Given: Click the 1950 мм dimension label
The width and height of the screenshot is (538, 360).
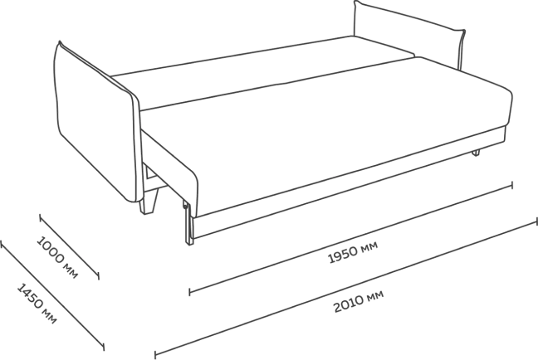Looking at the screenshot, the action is point(354,252).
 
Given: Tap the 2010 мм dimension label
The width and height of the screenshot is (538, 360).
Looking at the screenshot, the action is point(359,301).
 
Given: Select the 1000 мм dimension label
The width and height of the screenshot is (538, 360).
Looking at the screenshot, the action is point(57,257).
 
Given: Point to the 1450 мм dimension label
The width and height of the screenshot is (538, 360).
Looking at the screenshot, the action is point(37,304).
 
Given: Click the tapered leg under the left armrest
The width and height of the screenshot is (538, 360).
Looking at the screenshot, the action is point(149,202).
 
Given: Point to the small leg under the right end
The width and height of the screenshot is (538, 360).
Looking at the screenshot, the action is point(476,153).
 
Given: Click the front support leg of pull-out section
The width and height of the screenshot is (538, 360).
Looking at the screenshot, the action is point(188,223).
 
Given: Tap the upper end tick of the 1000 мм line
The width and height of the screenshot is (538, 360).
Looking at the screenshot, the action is point(40,218).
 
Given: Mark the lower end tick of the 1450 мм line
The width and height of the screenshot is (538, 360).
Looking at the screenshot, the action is point(103,346).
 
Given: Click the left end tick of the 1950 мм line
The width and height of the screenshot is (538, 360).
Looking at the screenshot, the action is point(190,292).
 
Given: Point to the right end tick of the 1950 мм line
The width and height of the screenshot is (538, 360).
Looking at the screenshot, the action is point(512,185).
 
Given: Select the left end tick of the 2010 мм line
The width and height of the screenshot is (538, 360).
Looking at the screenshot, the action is point(155,355).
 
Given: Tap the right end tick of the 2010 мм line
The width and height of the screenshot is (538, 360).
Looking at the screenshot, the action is point(536,221).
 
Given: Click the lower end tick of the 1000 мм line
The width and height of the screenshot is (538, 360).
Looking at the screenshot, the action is point(99,275).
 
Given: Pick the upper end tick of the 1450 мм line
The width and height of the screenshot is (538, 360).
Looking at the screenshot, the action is point(2,244).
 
